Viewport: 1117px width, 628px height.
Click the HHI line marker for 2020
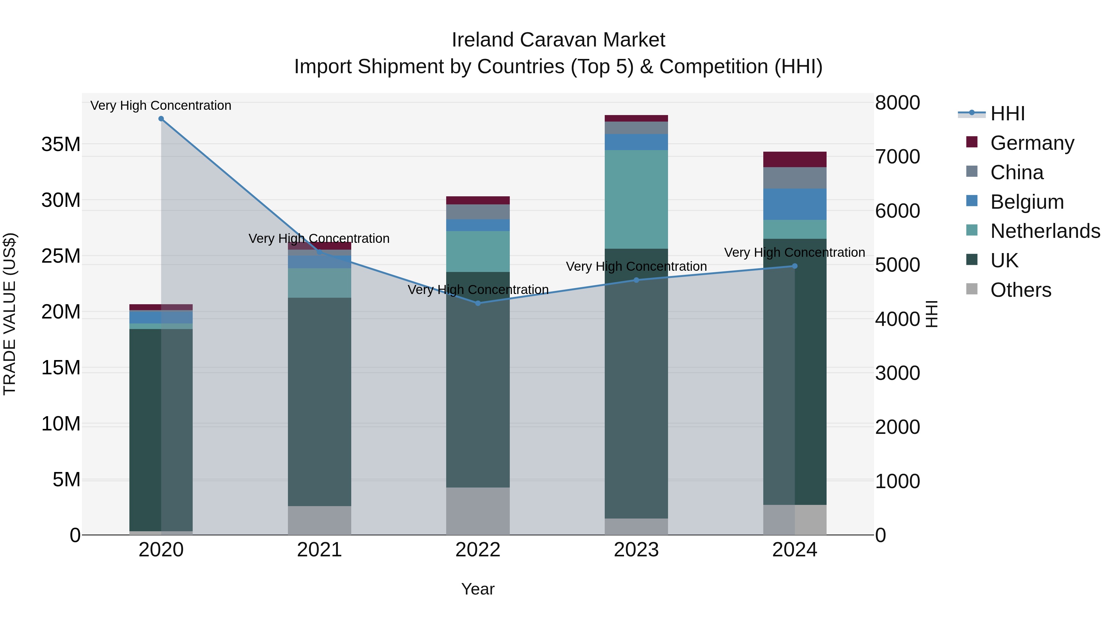(x=161, y=119)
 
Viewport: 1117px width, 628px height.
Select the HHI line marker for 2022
(x=478, y=303)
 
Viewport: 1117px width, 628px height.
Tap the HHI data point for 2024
(x=795, y=266)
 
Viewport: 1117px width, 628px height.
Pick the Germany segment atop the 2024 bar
(x=795, y=159)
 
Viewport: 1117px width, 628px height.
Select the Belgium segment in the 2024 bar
(x=795, y=204)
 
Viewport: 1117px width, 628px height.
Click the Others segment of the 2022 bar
(x=478, y=511)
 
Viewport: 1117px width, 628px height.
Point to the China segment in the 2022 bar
(x=478, y=212)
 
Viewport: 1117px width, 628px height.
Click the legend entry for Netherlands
(x=1045, y=231)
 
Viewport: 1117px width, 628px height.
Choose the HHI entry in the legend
(x=1007, y=114)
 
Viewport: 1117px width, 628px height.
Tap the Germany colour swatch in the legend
(x=972, y=142)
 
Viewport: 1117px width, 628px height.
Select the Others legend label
(x=1021, y=290)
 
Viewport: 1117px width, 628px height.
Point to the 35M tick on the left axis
(x=61, y=144)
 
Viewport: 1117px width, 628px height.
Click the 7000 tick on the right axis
(x=897, y=157)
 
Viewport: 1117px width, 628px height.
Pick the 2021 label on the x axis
(x=319, y=550)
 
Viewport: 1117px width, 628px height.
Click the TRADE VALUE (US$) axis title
(x=10, y=314)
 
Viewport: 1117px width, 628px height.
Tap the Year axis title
(x=478, y=589)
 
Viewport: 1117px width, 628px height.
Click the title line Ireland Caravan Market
(x=558, y=40)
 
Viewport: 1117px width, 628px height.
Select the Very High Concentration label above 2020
(x=161, y=105)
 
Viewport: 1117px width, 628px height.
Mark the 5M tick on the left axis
(x=66, y=480)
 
